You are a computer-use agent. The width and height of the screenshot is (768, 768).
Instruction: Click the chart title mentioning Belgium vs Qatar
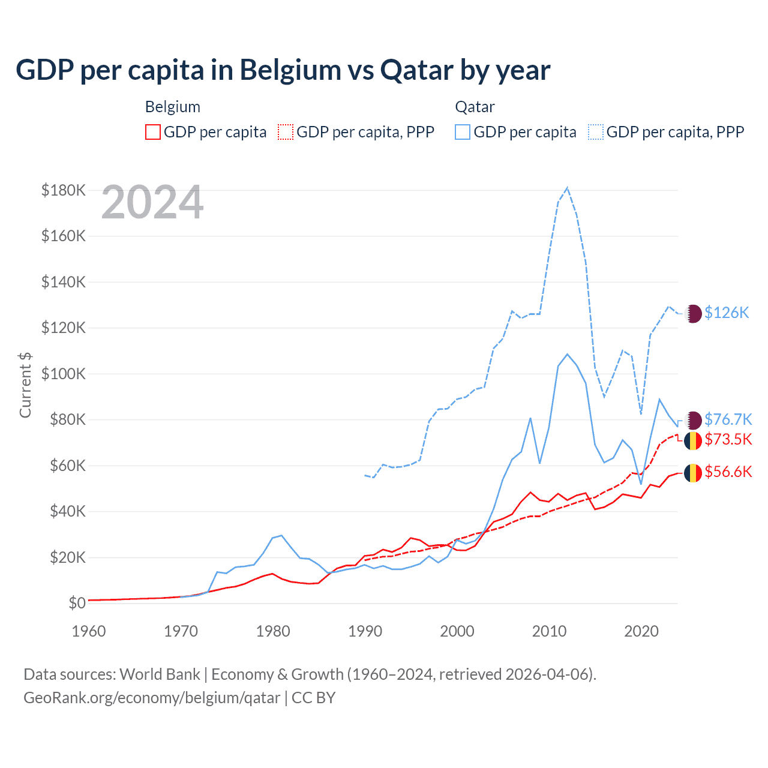coord(283,70)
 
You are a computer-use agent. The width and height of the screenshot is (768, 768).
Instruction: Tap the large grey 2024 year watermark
coord(152,202)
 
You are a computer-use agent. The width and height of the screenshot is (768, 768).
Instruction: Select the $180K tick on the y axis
coord(64,190)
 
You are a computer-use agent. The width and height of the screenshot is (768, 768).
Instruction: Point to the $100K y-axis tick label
coord(64,374)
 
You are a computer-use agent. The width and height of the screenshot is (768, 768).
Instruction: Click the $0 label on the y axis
coord(77,603)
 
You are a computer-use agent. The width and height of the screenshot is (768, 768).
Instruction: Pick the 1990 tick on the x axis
coord(365,631)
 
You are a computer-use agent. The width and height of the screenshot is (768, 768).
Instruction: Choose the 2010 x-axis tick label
coord(549,631)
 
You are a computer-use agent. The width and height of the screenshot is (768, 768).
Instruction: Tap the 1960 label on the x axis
coord(89,631)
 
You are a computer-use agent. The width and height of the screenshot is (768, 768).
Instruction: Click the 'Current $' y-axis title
coord(25,385)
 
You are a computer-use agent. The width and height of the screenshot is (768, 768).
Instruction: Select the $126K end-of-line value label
coord(727,313)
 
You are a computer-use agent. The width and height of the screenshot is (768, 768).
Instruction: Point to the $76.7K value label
coord(728,419)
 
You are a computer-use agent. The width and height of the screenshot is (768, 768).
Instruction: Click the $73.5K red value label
coord(728,439)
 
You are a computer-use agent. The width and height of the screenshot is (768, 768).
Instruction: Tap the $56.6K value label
coord(728,472)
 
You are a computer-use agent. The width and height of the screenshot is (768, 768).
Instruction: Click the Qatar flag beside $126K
coord(693,313)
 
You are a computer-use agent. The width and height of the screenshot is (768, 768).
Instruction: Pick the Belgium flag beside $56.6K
coord(693,473)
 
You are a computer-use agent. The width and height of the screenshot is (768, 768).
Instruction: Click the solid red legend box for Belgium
coord(153,132)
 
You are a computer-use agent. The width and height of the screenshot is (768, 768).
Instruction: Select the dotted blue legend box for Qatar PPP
coord(596,132)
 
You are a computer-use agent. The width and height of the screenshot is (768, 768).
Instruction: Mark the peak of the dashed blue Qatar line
coord(567,188)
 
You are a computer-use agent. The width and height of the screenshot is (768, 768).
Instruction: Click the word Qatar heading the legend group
coord(475,107)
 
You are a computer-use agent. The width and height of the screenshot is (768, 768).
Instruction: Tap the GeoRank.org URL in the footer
coord(152,698)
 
